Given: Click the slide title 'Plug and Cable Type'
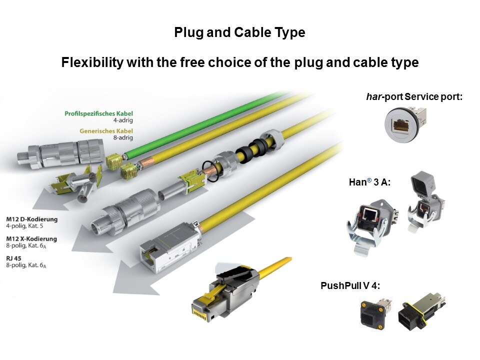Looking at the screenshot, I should point(239,33).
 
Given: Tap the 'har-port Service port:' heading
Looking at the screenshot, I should point(414,96).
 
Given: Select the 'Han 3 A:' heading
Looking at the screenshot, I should point(369,183).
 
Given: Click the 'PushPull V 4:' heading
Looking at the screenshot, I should point(350,286).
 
